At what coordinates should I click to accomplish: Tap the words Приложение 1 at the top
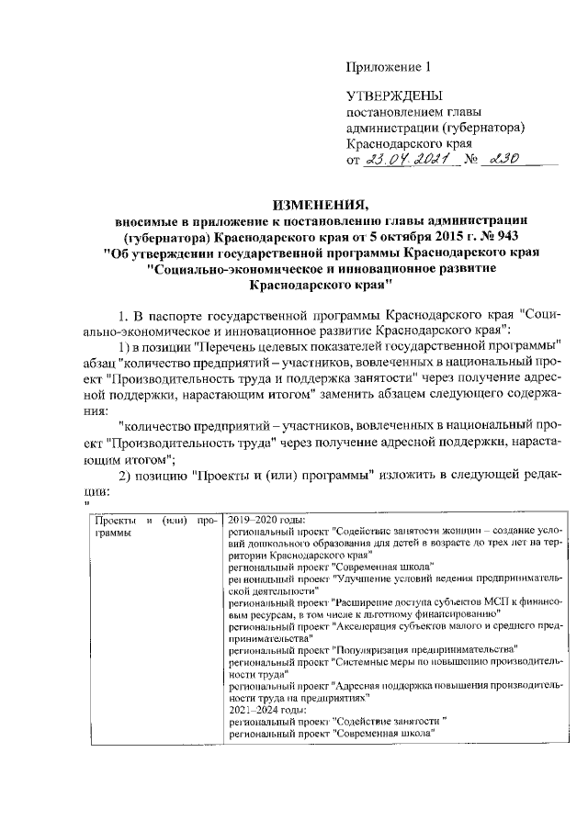[388, 66]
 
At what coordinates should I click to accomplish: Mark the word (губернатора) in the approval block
[484, 128]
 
